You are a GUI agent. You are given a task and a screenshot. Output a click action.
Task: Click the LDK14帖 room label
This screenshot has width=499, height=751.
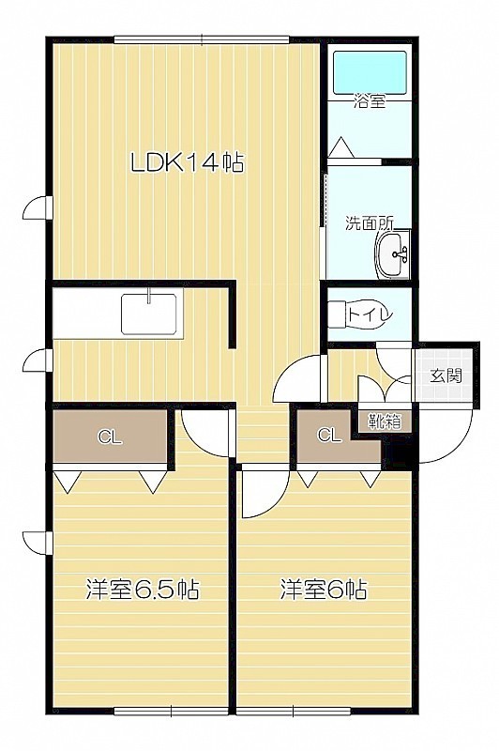[x=188, y=162]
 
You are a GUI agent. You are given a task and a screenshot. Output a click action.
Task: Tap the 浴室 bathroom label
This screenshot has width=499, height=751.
[x=370, y=101]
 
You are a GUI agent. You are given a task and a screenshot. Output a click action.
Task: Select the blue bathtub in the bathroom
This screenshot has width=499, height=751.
[x=370, y=72]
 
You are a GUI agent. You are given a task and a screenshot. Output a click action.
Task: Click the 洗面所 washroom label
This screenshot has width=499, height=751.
[x=370, y=223]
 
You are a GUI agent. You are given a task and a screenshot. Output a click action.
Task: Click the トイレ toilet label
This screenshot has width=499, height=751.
[x=370, y=315]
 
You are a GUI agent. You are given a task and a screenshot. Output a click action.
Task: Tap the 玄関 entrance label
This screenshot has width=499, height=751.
[x=446, y=376]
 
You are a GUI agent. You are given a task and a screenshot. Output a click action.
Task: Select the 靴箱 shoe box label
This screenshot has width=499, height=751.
[x=385, y=421]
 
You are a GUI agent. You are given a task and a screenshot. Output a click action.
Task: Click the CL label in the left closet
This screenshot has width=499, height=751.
[x=110, y=437]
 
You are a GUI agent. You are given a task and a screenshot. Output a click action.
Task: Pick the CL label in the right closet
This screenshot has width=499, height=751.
[x=330, y=435]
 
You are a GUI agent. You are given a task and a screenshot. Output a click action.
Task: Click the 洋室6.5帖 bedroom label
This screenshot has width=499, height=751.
[x=142, y=590]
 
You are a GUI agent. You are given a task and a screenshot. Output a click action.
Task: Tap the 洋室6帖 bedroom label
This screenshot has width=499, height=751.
[x=324, y=590]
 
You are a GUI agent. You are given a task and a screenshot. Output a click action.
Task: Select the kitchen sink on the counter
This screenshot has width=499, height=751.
[x=149, y=314]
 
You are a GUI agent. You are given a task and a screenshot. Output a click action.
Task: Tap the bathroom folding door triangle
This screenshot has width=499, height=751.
[x=342, y=147]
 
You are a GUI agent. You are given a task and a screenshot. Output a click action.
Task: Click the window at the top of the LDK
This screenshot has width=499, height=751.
[x=202, y=39]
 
